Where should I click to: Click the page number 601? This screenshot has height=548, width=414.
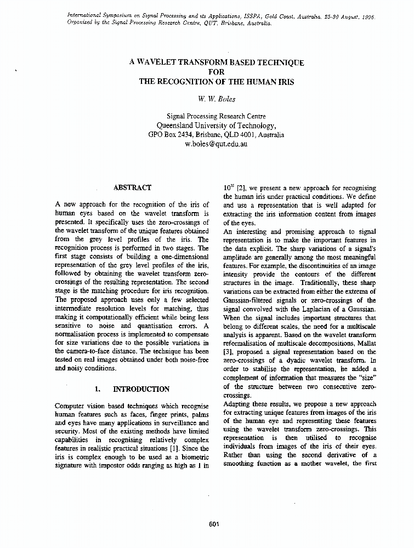click(214, 524)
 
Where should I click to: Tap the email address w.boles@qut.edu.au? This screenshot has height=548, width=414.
click(216, 144)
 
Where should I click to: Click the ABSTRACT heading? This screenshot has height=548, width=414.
click(132, 187)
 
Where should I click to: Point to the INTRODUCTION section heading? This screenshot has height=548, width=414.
click(141, 389)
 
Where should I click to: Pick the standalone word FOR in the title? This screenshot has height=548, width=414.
click(217, 72)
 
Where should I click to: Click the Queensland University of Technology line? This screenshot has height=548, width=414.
click(216, 125)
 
